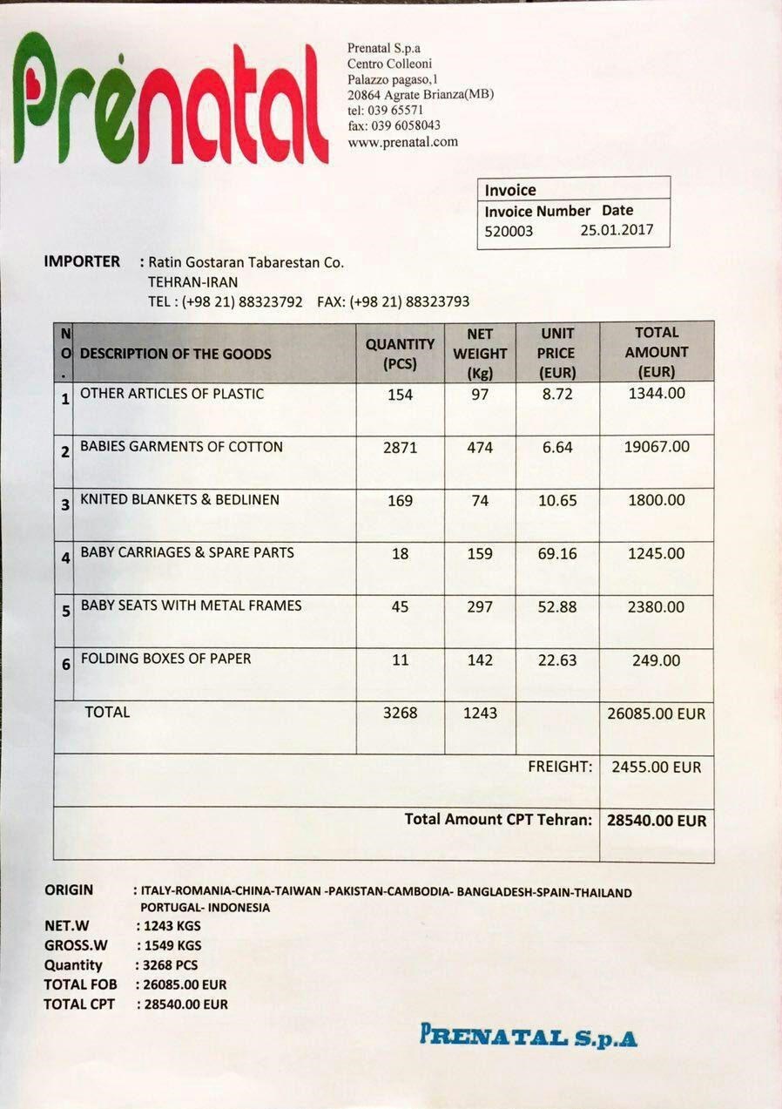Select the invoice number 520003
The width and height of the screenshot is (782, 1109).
click(509, 232)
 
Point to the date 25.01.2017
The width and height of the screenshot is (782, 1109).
click(616, 231)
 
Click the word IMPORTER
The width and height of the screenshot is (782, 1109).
click(82, 261)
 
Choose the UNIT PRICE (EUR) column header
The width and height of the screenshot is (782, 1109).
click(557, 354)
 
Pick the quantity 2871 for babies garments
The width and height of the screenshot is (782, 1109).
click(400, 448)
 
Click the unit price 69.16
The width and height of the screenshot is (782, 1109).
click(557, 554)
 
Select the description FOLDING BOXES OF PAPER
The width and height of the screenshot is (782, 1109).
click(165, 659)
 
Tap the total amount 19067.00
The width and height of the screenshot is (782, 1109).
click(657, 447)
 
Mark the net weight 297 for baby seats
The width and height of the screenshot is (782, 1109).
click(480, 607)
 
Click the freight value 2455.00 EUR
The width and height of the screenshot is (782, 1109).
click(656, 768)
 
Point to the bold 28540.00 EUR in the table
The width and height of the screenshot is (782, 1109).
click(657, 821)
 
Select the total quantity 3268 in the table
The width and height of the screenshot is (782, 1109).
click(400, 713)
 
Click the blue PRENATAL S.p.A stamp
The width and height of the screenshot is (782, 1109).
click(529, 1037)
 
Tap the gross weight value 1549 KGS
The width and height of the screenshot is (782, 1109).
click(169, 945)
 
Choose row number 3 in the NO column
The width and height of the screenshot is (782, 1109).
click(64, 506)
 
